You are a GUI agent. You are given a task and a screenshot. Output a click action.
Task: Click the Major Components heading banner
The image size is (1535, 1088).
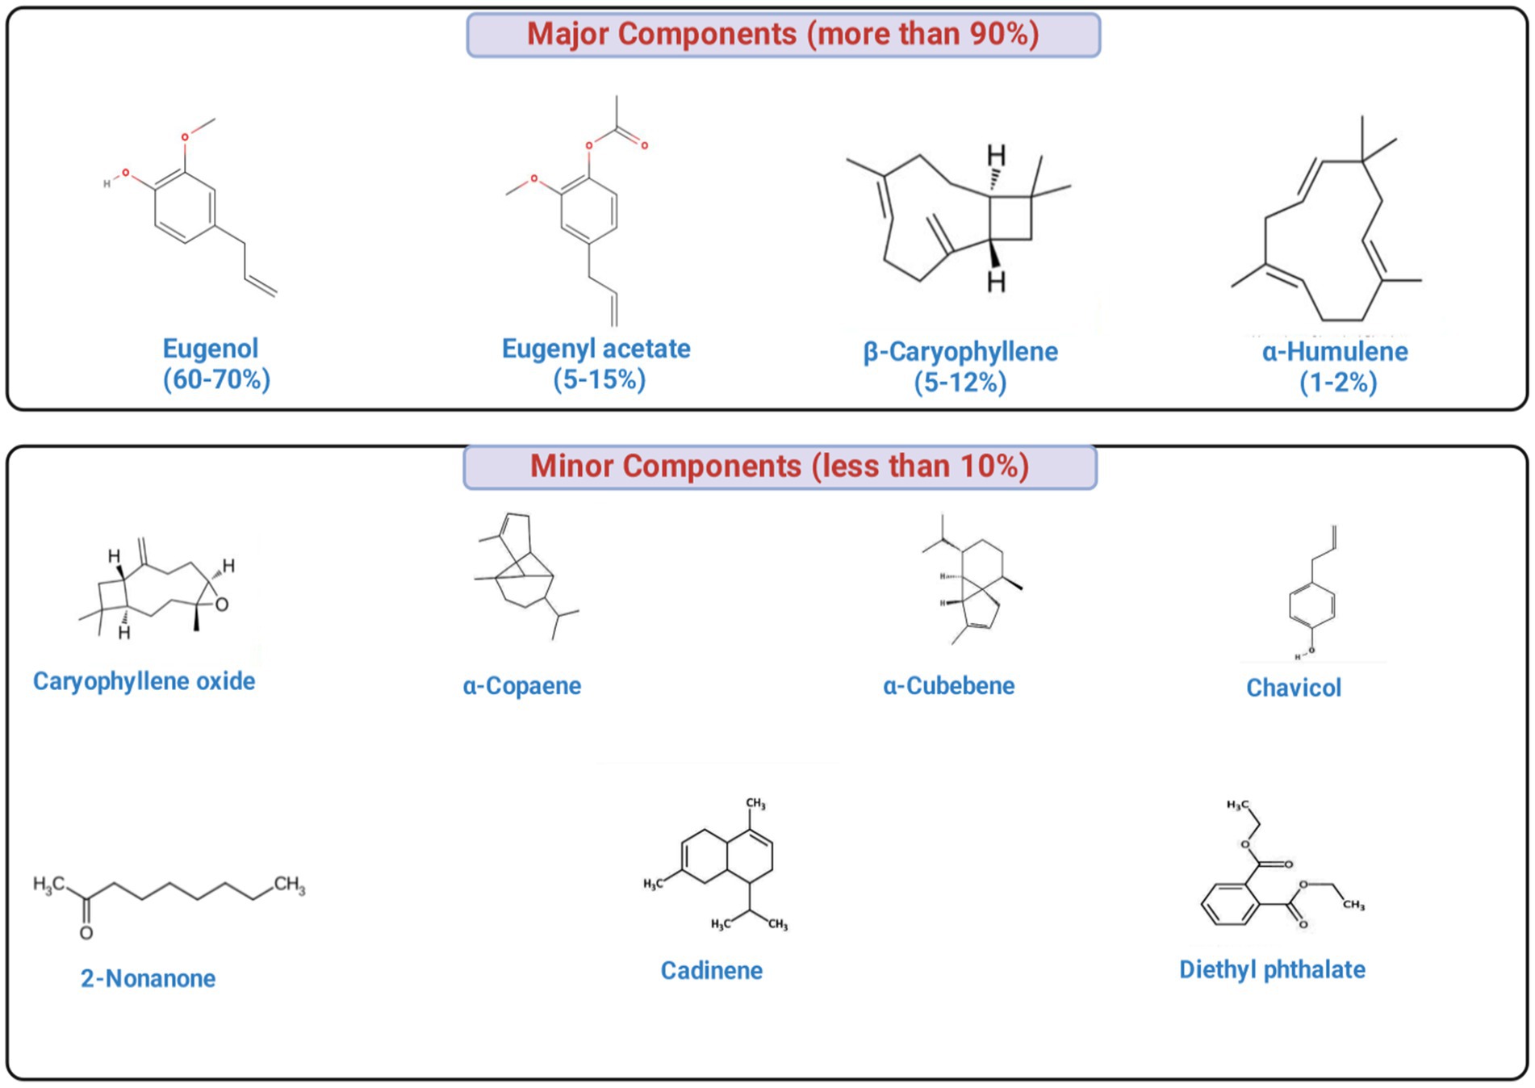pos(783,35)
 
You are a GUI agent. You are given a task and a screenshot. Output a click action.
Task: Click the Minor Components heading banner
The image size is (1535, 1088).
pos(780,467)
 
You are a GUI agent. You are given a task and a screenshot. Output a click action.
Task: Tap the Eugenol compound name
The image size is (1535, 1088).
pos(211,349)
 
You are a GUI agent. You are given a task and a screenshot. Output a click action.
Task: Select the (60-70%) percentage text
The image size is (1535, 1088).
pos(216,379)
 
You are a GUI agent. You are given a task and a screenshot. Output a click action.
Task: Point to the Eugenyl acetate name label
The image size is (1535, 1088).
pos(596,349)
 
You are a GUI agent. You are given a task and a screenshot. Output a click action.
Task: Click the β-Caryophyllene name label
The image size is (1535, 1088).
pos(960,352)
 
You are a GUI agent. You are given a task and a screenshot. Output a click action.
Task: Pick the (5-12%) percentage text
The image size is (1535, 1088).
pos(960,382)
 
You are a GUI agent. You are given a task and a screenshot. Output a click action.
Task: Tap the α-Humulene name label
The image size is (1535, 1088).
pos(1335,352)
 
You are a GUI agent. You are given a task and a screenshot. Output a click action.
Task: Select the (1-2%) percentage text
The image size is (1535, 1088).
pos(1337,382)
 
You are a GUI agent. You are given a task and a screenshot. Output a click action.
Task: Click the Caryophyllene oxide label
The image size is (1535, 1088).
pos(144,681)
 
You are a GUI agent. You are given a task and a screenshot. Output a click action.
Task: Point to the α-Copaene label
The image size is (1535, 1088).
pos(521,686)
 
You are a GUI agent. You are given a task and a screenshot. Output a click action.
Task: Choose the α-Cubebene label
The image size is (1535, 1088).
pos(948,686)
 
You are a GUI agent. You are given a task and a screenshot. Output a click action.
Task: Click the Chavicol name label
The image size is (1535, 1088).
pos(1293,688)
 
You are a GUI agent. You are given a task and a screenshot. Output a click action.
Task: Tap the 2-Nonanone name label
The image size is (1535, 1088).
pos(148,978)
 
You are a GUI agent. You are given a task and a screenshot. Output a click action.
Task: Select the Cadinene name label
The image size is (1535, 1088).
pos(711,970)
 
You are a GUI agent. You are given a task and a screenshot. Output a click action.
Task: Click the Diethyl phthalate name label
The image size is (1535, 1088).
pos(1272,969)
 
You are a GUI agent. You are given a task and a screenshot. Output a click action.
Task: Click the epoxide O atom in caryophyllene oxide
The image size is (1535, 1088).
pos(222,605)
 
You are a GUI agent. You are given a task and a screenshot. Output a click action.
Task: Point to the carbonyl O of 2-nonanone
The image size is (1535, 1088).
pos(86,933)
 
